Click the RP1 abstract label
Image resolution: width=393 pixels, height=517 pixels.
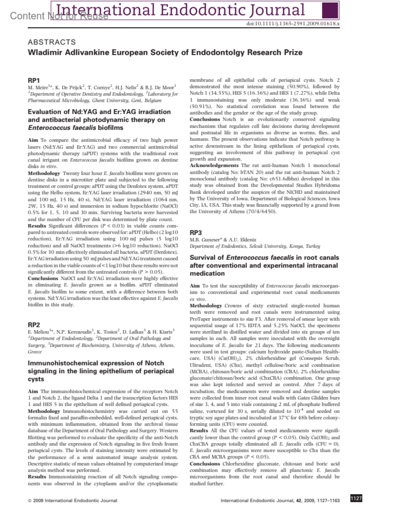tap(34, 80)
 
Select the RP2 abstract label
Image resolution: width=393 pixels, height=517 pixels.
tap(34, 325)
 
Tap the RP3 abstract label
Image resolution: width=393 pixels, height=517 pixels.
tap(196, 233)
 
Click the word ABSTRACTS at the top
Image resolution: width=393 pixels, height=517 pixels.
tap(52, 42)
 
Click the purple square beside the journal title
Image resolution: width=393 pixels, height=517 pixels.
tap(330, 10)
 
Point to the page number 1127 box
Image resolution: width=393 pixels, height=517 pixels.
tap(356, 499)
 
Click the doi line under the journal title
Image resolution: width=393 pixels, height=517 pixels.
tap(293, 24)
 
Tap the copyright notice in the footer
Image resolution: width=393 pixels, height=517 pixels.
tap(72, 500)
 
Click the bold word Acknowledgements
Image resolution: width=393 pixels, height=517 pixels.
tap(214, 165)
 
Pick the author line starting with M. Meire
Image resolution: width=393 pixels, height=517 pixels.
tap(102, 87)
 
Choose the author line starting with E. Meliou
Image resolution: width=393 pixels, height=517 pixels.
tap(101, 332)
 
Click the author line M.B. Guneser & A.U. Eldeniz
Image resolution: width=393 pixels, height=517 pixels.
tap(223, 240)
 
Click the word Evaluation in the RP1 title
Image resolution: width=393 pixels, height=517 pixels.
tap(44, 112)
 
